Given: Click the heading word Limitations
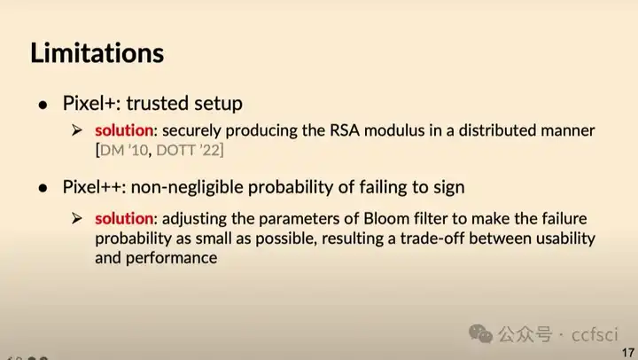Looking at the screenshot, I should point(97,52).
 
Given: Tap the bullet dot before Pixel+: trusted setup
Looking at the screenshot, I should point(42,104).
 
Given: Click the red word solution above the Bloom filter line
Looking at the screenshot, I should point(124,218).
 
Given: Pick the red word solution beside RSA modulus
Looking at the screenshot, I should point(124,131).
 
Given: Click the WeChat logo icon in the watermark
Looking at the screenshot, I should point(482,334).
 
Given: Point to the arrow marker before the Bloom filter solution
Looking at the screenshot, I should point(78,218).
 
